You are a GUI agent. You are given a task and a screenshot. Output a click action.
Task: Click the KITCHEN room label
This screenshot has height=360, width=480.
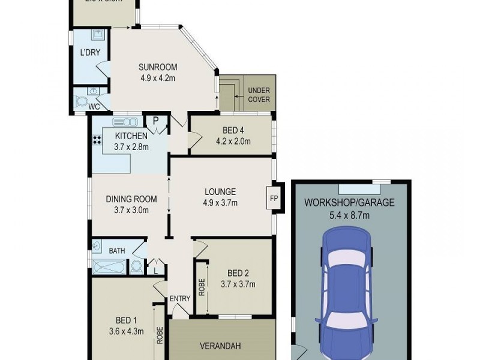click(x=131, y=136)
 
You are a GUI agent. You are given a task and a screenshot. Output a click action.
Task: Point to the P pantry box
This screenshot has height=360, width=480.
click(x=155, y=121)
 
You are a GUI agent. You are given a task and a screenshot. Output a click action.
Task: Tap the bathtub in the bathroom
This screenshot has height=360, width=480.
click(x=110, y=266)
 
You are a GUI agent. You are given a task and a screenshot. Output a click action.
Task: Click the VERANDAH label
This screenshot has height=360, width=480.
click(x=220, y=346)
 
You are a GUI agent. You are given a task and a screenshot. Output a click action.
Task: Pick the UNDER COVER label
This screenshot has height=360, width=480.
click(x=259, y=95)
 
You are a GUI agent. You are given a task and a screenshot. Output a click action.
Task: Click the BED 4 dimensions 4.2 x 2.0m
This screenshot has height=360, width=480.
click(x=233, y=142)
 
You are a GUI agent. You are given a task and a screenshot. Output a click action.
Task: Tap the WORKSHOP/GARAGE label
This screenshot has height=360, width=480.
click(x=349, y=203)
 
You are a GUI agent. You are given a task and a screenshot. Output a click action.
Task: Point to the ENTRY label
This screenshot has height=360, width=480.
click(x=180, y=299)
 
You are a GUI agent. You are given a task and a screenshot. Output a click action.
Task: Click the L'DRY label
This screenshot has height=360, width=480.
click(x=89, y=52)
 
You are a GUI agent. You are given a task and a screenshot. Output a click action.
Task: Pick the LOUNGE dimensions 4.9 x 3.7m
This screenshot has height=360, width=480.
click(x=220, y=203)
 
